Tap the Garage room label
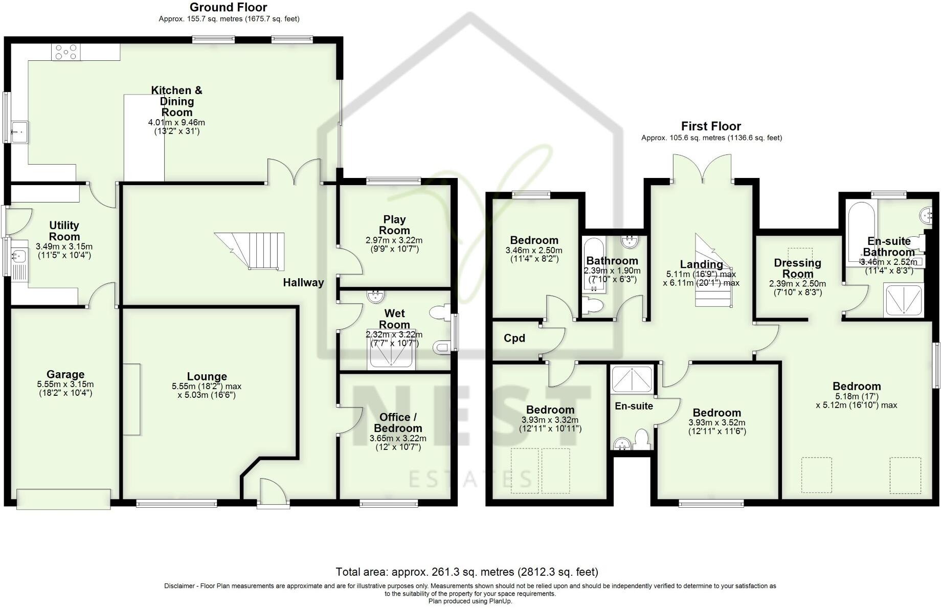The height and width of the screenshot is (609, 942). coord(65,374)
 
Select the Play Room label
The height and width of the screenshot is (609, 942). coord(394,224)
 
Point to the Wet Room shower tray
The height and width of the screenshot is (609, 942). coord(391,349)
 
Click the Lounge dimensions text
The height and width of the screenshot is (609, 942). coord(207,391)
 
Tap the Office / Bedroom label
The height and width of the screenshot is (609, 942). coord(397,423)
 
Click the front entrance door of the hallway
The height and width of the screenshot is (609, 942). coord(271,493)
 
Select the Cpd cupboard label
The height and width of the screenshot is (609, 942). coord(514,338)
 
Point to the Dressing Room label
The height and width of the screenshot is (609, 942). coord(797,268)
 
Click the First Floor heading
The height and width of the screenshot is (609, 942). coord(710,126)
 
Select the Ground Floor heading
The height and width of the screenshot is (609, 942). coord(228,7)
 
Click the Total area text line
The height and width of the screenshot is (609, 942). coord(466,572)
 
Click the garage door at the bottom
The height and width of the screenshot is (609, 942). coord(63,499)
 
